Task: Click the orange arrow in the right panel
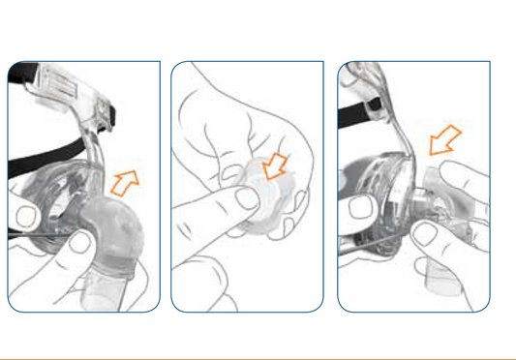coord(444,142)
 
